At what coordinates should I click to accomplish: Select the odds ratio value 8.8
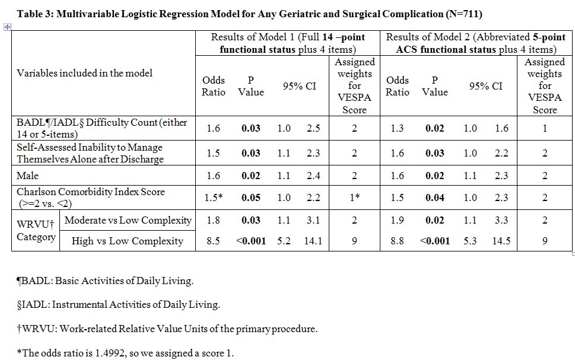tap(397, 241)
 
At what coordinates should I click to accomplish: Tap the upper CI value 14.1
tap(313, 241)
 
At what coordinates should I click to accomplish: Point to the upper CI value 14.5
tap(501, 241)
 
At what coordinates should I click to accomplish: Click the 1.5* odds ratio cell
tap(214, 197)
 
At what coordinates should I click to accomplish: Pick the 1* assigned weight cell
tap(354, 197)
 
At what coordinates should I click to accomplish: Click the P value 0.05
tap(251, 197)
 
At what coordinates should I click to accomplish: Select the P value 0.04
tap(434, 197)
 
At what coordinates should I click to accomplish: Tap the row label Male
tap(27, 176)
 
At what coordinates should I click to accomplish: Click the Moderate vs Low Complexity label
tap(128, 220)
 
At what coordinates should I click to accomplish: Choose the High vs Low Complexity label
tap(128, 241)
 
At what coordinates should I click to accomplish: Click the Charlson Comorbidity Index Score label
tap(91, 192)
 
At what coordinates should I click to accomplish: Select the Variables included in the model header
tap(84, 73)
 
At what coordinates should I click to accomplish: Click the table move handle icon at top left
tap(7, 27)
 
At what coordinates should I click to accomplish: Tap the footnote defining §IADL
tap(118, 305)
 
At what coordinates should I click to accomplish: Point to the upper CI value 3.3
tap(501, 220)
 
